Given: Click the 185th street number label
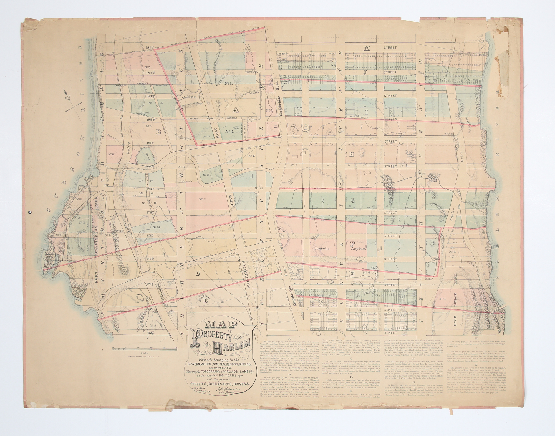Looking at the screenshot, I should tap(149, 48).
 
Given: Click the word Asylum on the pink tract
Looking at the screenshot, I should tap(360, 249).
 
